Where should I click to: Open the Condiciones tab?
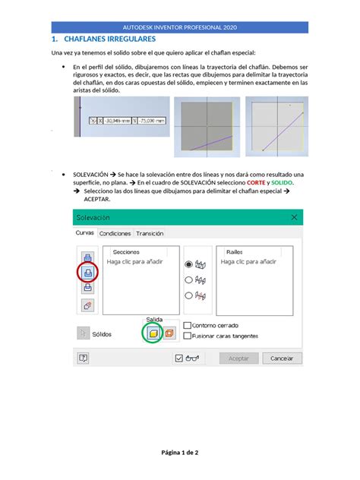pyautogui.click(x=115, y=234)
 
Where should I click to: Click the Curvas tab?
pyautogui.click(x=85, y=234)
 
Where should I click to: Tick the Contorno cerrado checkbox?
pyautogui.click(x=186, y=325)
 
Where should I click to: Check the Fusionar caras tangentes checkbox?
pyautogui.click(x=186, y=336)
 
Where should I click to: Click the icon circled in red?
pyautogui.click(x=87, y=271)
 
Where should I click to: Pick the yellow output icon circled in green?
pyautogui.click(x=152, y=333)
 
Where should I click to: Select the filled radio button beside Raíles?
pyautogui.click(x=188, y=265)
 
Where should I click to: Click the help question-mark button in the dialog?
pyautogui.click(x=83, y=358)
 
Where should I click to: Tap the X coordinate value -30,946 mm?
pyautogui.click(x=115, y=119)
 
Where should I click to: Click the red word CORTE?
pyautogui.click(x=254, y=183)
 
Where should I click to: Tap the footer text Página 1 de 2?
pyautogui.click(x=179, y=453)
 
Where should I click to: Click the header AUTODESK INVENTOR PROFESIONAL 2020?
pyautogui.click(x=179, y=27)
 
